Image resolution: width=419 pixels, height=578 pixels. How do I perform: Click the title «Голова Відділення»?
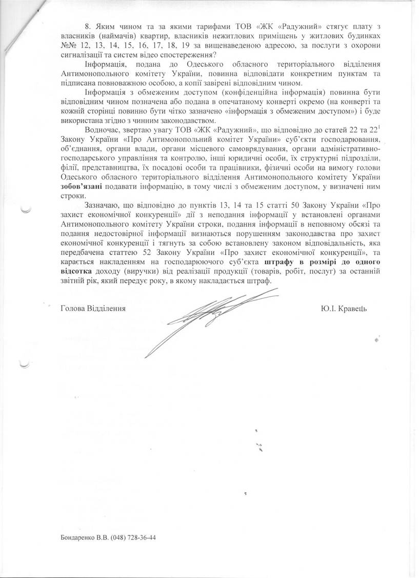click(x=93, y=309)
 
